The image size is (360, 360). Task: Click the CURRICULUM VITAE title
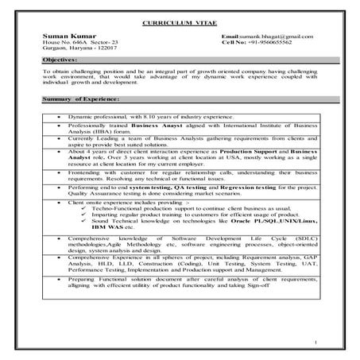[180, 25]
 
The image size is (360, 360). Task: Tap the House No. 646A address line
[79, 44]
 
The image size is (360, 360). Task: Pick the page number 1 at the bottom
[316, 343]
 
